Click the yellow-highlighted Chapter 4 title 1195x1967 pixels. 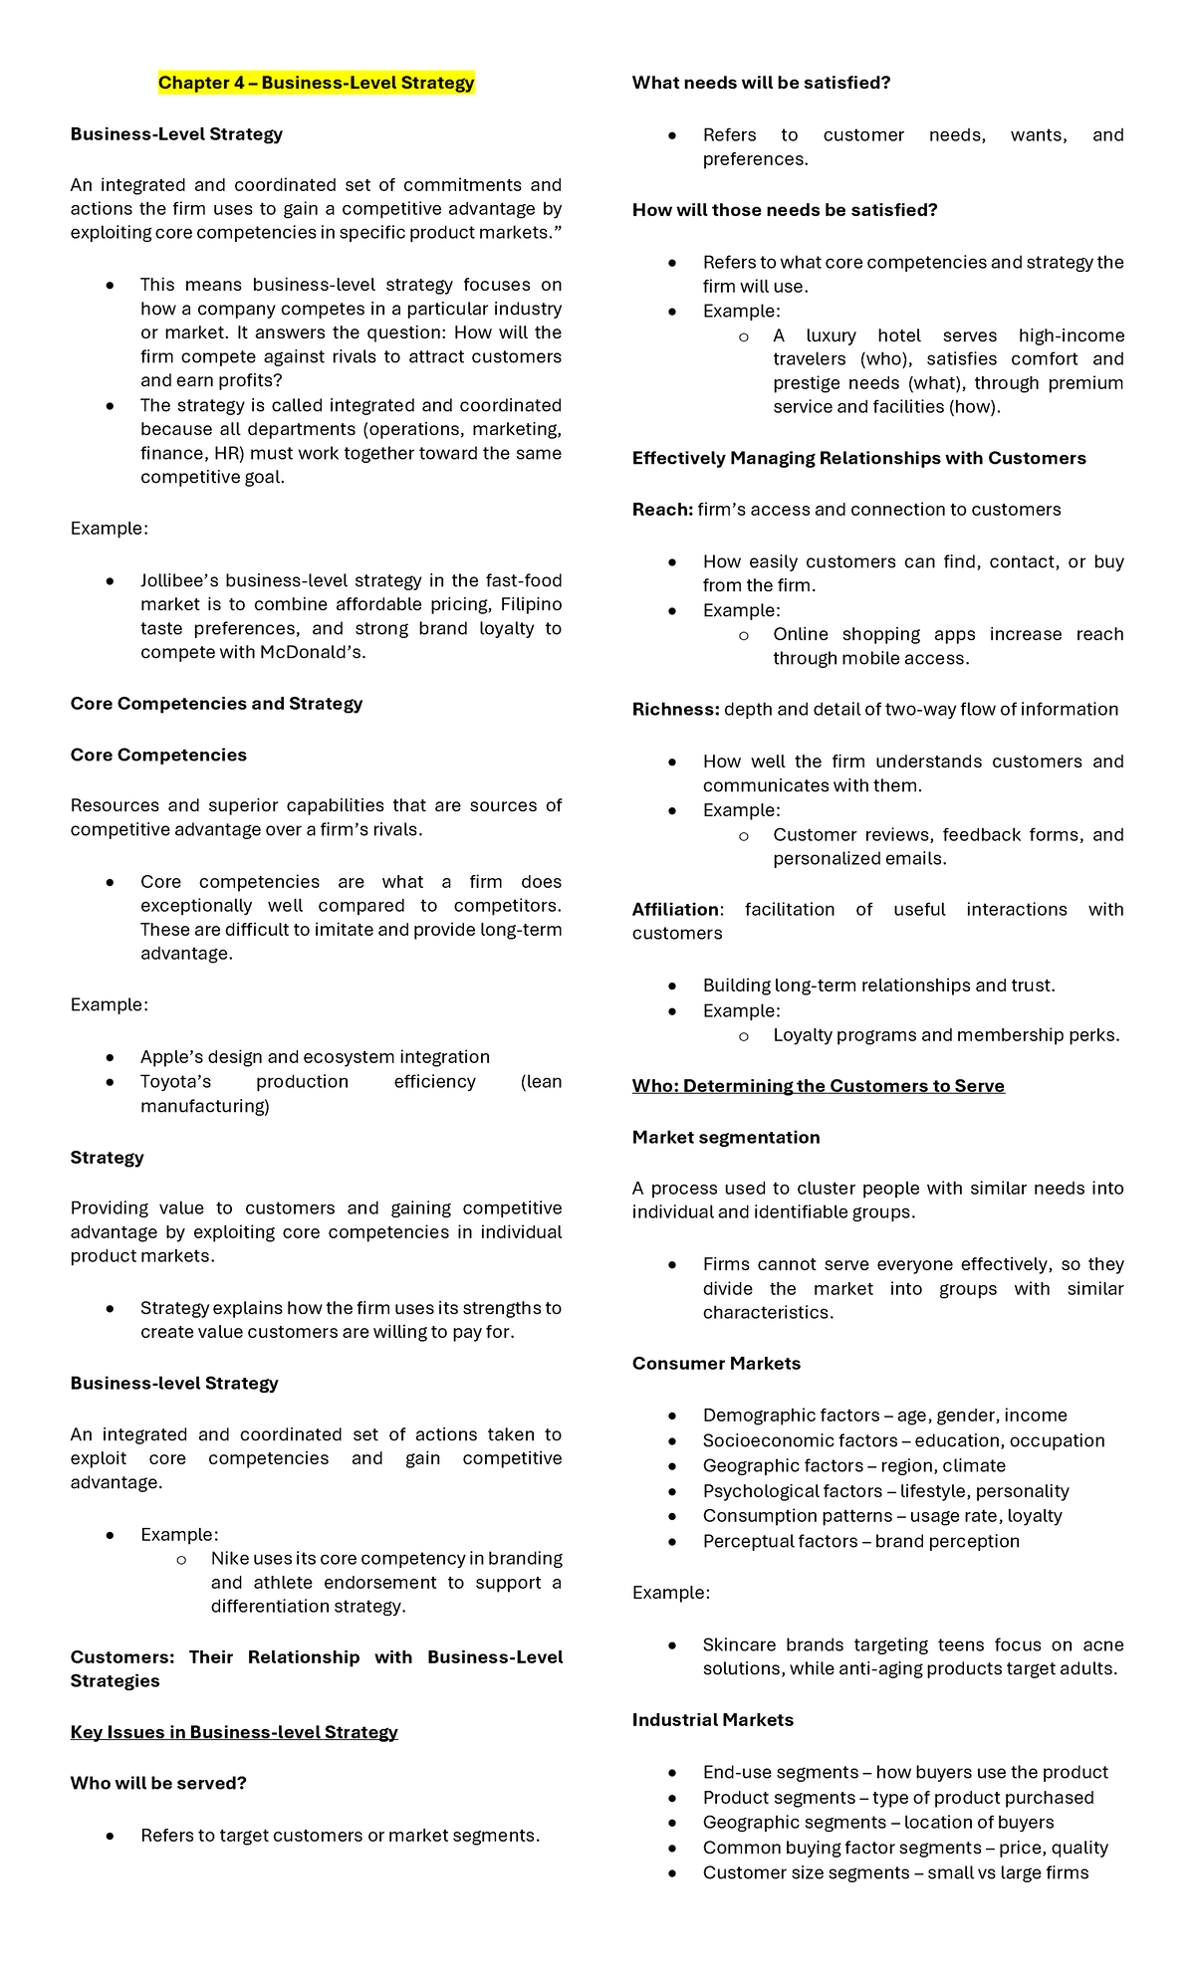316,83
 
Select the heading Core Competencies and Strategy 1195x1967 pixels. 216,704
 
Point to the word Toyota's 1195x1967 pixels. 175,1082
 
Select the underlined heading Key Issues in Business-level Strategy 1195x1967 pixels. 234,1732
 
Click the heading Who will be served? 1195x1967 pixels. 158,1783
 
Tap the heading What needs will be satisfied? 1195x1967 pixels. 761,83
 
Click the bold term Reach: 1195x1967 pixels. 662,510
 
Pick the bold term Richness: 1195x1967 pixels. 675,709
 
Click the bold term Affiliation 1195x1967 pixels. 675,909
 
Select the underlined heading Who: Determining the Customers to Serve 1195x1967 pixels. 818,1086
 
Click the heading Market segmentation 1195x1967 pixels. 726,1137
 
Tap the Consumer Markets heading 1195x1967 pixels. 716,1364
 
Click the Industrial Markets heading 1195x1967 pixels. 712,1720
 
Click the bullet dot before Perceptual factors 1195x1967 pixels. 672,1542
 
